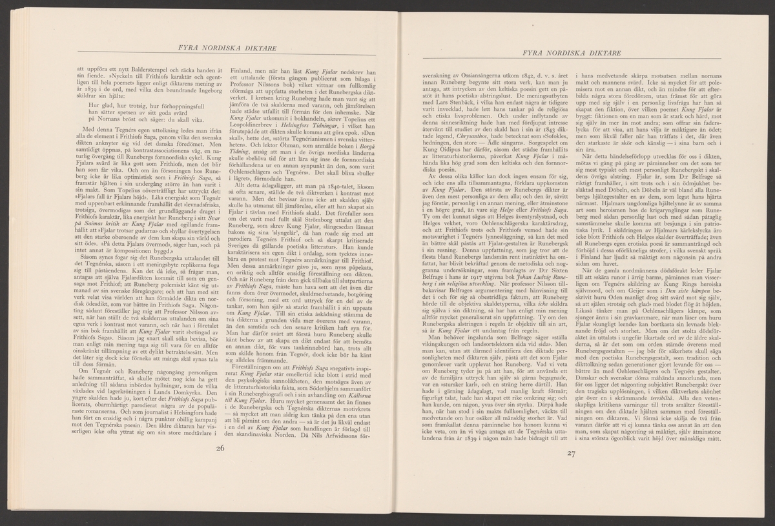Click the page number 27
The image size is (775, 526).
coord(570,453)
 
